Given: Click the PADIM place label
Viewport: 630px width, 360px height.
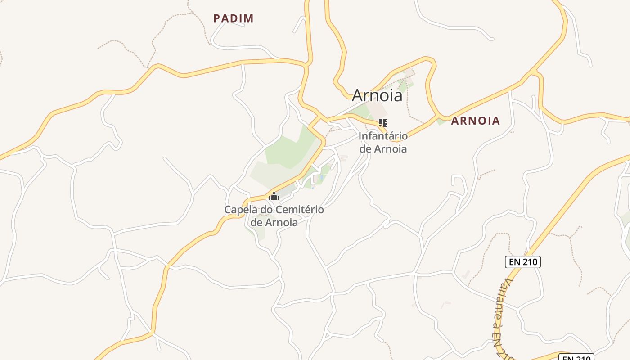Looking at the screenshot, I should (x=234, y=18).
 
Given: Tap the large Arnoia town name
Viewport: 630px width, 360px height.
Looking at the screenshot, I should (x=377, y=95).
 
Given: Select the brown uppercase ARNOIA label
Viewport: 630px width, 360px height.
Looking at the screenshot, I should (x=476, y=121).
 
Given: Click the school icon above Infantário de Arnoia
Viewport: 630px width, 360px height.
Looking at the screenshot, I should (x=383, y=122).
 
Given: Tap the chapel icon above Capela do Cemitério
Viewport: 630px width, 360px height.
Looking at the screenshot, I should (x=274, y=196).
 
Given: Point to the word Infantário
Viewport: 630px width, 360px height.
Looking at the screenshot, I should (x=383, y=136).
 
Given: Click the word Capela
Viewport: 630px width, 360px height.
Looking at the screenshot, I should (x=239, y=210).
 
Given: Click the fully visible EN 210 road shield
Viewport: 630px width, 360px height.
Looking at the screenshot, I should (x=522, y=262).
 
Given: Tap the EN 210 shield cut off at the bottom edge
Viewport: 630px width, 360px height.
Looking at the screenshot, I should (x=576, y=358).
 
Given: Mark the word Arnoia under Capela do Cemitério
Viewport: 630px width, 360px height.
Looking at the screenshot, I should (x=281, y=222).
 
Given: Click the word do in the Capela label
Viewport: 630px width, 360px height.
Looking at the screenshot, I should (x=266, y=210).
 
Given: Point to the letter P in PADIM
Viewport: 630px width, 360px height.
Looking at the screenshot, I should (x=216, y=18).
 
